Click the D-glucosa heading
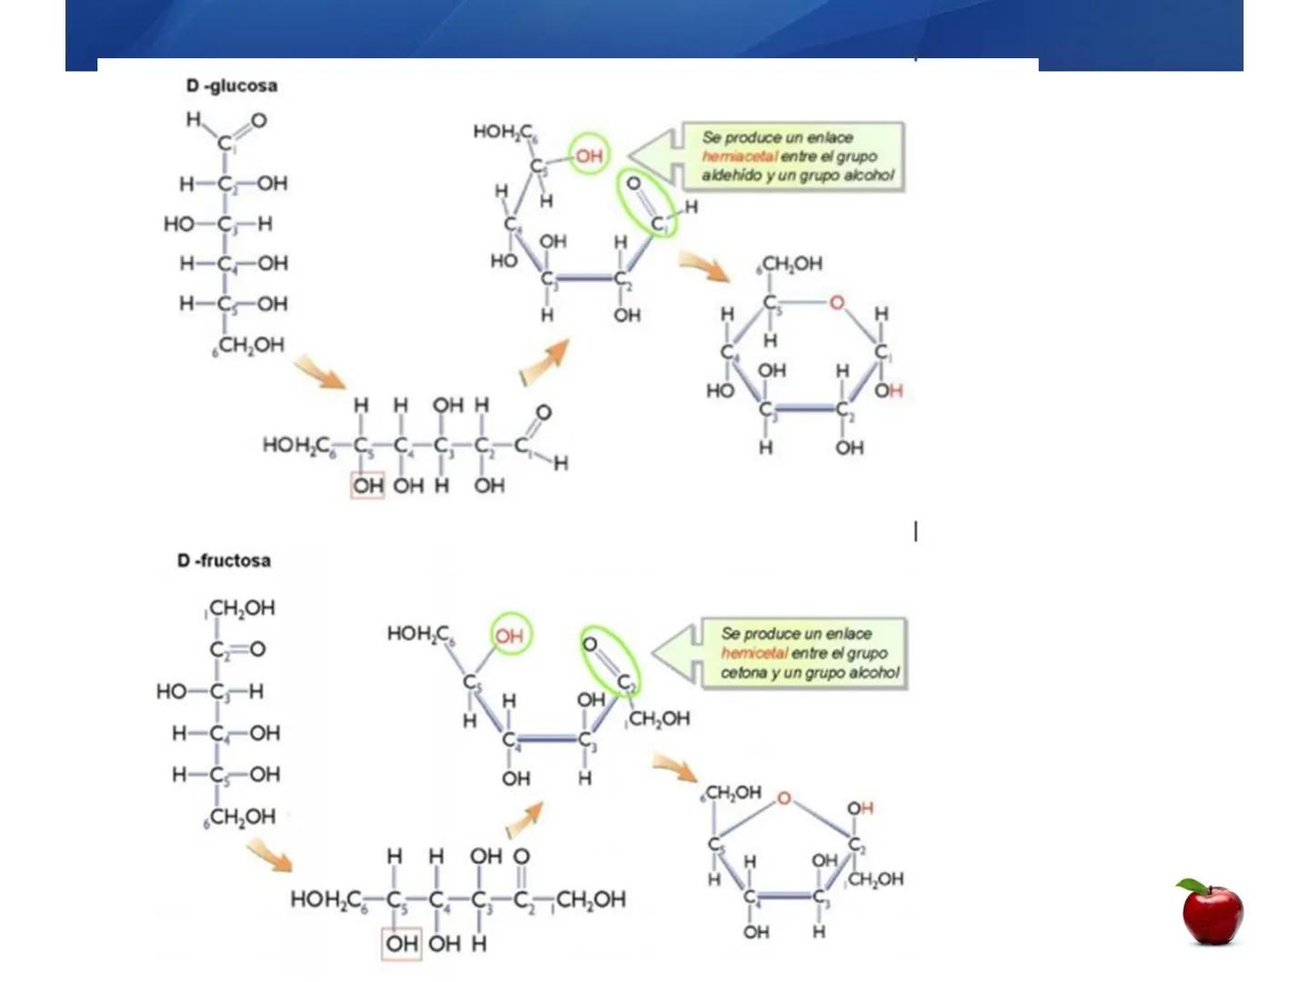[x=232, y=86]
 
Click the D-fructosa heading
[x=225, y=560]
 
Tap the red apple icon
[x=1212, y=912]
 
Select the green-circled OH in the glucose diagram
[x=589, y=155]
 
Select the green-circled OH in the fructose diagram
[x=510, y=636]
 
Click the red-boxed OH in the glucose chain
[x=368, y=486]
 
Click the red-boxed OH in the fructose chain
[x=401, y=944]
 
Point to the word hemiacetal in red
[x=738, y=156]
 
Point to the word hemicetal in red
[x=754, y=653]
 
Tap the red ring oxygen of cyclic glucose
[x=836, y=303]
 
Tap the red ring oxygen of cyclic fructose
[x=784, y=798]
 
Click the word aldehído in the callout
[x=731, y=175]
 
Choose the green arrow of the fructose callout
[x=674, y=653]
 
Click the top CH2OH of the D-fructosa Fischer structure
[x=241, y=607]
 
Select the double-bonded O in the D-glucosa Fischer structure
[x=259, y=120]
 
